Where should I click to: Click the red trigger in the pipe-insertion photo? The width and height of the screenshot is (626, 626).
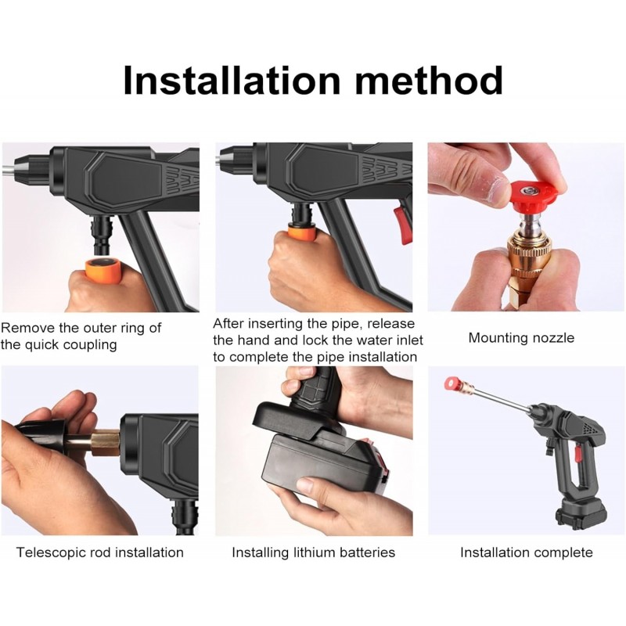tap(403, 225)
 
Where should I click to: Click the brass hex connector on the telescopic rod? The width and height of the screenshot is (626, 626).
tap(106, 443)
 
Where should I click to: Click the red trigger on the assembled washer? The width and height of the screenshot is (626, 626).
tap(577, 455)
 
